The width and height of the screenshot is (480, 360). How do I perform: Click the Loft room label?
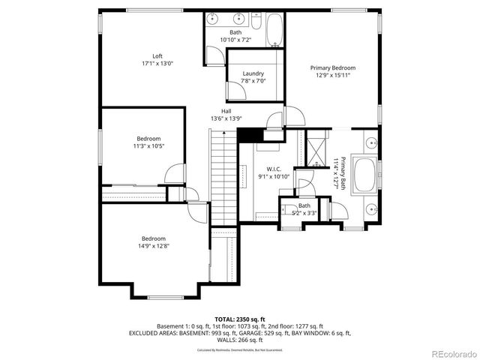click(157, 55)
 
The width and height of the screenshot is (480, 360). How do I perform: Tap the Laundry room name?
click(253, 73)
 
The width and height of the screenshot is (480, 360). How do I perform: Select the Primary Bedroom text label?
click(333, 67)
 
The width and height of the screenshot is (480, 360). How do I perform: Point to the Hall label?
click(226, 111)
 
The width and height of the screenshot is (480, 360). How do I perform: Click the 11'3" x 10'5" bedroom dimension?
click(148, 146)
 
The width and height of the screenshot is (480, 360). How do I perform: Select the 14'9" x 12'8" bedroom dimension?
click(154, 245)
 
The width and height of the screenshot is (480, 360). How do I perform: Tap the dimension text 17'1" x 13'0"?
click(157, 64)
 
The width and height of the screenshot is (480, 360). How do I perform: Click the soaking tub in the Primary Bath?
click(367, 175)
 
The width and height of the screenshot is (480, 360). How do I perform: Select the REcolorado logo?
click(450, 352)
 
